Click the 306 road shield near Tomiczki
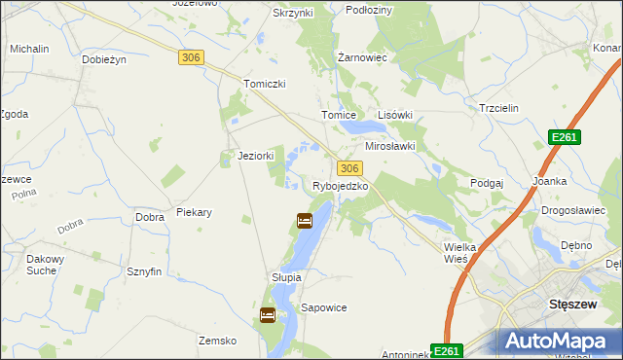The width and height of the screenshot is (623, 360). coord(192,58)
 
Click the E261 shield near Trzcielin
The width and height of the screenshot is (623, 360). coord(564,137)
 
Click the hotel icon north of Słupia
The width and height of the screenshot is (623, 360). coord(304,222)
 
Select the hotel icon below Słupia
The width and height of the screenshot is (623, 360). coord(267,315)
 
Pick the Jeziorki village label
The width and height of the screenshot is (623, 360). coord(256,156)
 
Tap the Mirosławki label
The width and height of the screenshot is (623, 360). coord(389,146)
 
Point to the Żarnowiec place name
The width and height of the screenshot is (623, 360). coord(362,57)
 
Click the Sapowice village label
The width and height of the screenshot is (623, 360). coord(324,307)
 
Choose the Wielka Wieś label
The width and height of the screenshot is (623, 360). coord(459,253)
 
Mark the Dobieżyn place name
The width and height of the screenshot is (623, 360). coord(105,59)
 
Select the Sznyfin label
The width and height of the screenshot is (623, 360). coord(143,272)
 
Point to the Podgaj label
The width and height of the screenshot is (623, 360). coord(487,183)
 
